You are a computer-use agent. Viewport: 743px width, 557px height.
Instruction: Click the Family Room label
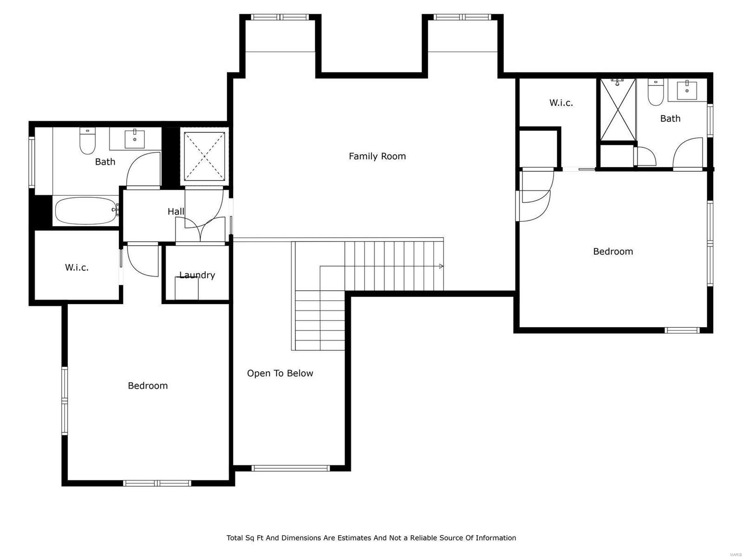coord(377,156)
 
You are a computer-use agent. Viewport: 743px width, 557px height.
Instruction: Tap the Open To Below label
coord(280,373)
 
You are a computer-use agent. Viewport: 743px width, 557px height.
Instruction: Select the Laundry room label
coord(197,275)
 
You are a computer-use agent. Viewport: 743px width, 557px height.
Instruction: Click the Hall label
coord(176,212)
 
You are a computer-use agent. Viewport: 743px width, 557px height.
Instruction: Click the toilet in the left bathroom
coord(87,141)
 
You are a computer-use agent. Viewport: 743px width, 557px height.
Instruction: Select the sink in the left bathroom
coord(135,138)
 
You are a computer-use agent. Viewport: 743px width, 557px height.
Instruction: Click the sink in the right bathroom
coord(686,90)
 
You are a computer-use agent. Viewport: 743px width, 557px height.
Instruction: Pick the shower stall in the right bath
coord(618,110)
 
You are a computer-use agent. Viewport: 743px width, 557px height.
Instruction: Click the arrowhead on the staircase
coord(441,266)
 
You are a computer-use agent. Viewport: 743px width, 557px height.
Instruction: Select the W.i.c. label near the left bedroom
coord(77,267)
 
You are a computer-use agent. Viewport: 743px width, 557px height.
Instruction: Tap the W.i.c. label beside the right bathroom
coord(561,103)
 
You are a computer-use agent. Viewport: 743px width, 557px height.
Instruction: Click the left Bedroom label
coord(148,386)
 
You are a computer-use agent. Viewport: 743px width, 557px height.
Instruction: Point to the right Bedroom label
coord(613,252)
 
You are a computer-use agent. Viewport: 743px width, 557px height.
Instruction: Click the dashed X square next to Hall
coord(204,156)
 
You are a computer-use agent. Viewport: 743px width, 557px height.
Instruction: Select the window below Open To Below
coord(290,468)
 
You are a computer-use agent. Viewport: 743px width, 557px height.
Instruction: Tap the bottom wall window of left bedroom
coord(157,483)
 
